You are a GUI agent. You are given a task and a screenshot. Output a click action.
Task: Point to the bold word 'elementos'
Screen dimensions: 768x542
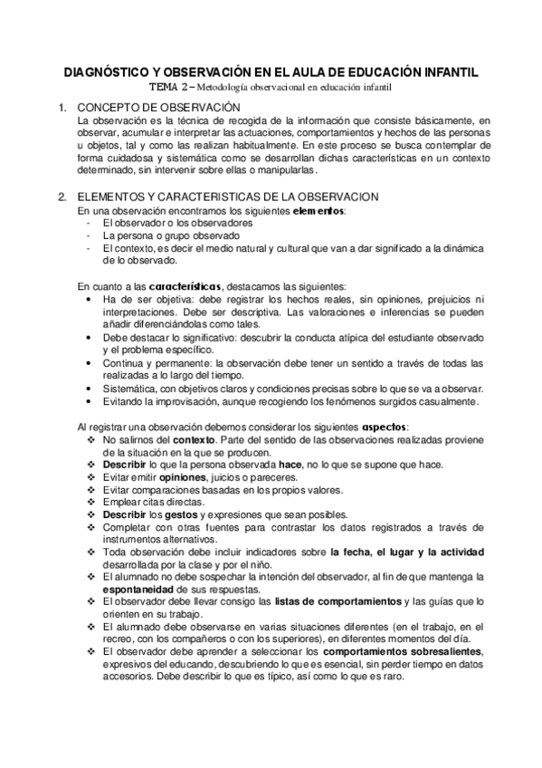click(x=319, y=210)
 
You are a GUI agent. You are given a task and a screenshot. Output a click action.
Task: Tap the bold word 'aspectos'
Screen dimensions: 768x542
click(x=384, y=427)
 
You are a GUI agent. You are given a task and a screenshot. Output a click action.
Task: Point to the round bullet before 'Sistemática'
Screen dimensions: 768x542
click(x=88, y=388)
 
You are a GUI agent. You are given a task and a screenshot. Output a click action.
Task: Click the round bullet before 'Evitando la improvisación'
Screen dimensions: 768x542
click(x=88, y=401)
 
